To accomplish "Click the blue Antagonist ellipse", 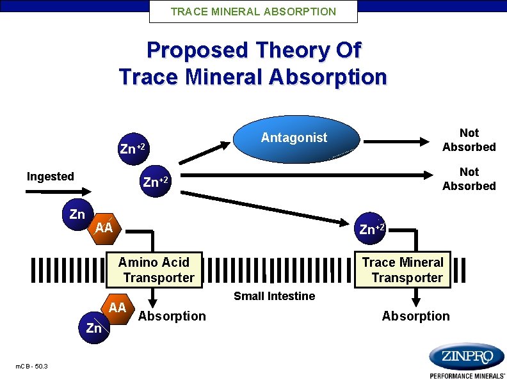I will coord(294,138).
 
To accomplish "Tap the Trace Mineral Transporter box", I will coord(403,269).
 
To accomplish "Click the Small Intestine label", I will coord(274,296).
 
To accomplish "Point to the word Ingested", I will coord(50,177).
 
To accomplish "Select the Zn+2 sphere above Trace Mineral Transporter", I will coord(371,228).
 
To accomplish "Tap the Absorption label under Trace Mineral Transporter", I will coord(415,316).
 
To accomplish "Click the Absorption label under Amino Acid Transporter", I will coord(172,316).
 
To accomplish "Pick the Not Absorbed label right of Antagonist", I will coord(469,139).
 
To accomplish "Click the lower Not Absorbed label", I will coord(469,178).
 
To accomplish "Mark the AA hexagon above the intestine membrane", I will coord(104,228).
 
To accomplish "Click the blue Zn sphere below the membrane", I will coord(94,328).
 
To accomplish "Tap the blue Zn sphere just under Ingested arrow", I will coord(77,214).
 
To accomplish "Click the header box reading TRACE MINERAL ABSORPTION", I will coord(253,12).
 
